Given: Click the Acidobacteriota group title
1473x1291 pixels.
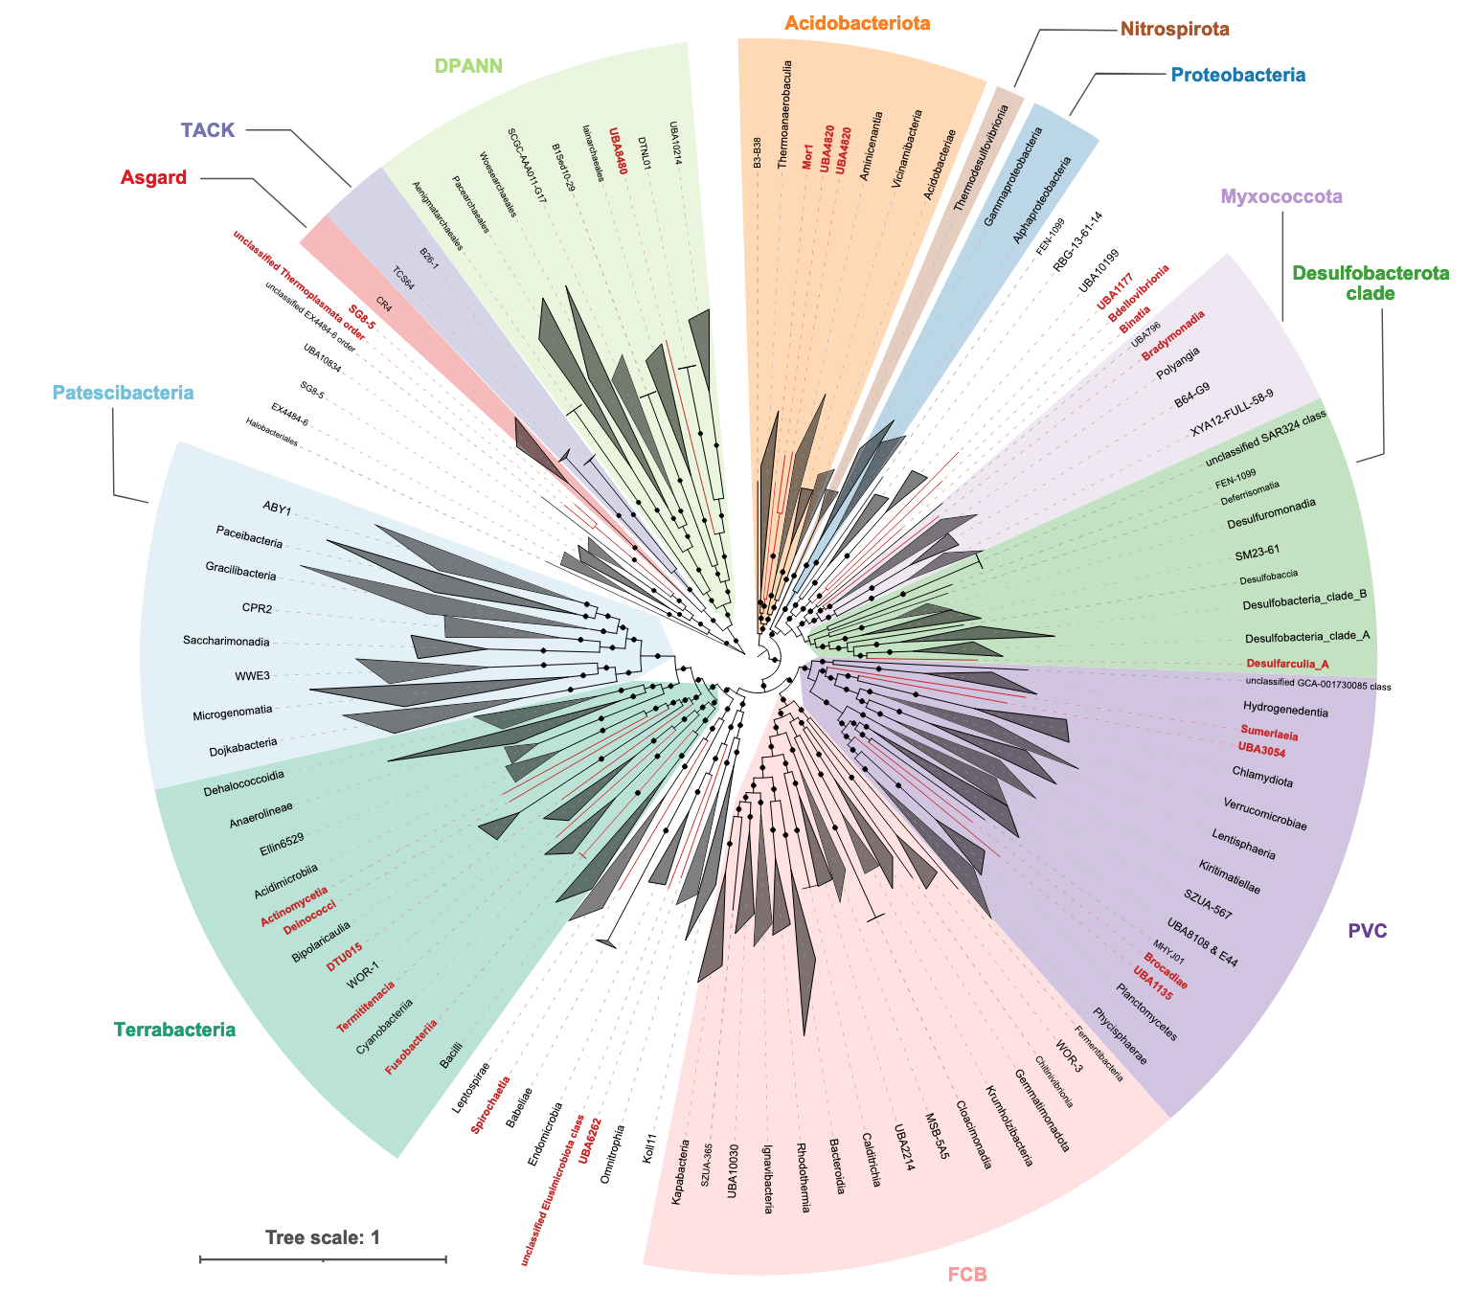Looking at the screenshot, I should click(x=857, y=23).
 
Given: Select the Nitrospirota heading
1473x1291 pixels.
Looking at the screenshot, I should click(x=1174, y=29).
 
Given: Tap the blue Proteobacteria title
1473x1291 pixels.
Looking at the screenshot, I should click(x=1238, y=75).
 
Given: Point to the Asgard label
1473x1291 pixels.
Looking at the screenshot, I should click(x=154, y=177).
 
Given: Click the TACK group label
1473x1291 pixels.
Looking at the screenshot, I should click(x=208, y=130).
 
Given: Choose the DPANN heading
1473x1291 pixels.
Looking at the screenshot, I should click(x=469, y=66).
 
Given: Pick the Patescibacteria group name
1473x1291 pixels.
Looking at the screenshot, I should click(x=123, y=393).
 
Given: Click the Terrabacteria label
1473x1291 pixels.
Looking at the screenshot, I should click(x=174, y=1031).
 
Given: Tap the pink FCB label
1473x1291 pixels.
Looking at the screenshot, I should click(x=966, y=1275).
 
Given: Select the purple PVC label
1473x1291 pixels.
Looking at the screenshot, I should click(x=1368, y=931).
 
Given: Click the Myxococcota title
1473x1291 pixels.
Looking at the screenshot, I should click(x=1281, y=196).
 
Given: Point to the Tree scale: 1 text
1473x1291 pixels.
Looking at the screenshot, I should click(x=323, y=1237).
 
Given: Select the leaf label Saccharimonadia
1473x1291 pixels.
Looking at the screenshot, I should click(x=226, y=642).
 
